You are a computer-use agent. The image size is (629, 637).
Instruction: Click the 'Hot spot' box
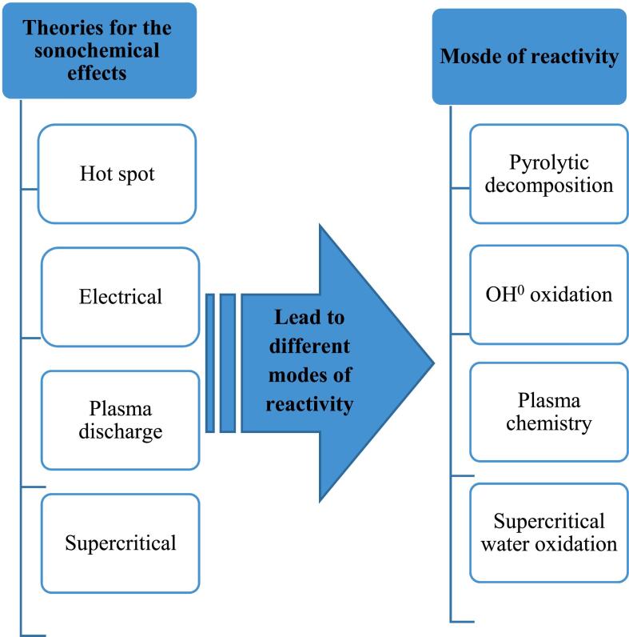click(x=117, y=174)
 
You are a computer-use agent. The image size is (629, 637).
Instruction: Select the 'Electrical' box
click(x=120, y=297)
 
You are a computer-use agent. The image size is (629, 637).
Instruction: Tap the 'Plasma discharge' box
click(x=120, y=419)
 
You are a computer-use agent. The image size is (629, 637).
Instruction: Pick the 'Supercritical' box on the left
click(x=120, y=543)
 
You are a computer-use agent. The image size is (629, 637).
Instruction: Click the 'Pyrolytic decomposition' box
click(x=548, y=174)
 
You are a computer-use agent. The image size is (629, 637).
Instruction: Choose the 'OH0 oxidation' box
click(x=548, y=294)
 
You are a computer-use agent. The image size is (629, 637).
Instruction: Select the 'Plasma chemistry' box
click(x=548, y=411)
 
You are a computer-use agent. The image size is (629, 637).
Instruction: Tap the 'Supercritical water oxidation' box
click(x=548, y=532)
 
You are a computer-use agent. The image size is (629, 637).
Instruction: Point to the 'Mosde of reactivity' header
click(x=529, y=57)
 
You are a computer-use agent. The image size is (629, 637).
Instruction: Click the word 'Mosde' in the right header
click(x=467, y=58)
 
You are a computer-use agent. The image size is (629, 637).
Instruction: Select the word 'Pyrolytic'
click(x=548, y=163)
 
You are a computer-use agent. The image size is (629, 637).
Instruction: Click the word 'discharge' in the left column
click(x=120, y=431)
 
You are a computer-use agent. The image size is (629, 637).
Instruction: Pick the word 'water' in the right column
click(x=519, y=544)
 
